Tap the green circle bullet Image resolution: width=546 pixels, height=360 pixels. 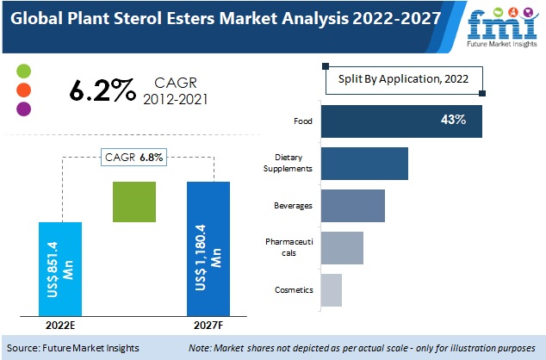[x=23, y=71]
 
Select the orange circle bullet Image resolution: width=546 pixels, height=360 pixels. [x=23, y=90]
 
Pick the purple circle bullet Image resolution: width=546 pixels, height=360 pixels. [x=23, y=109]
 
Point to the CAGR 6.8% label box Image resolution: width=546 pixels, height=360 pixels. [x=133, y=157]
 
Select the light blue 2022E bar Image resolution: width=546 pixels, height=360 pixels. [x=61, y=269]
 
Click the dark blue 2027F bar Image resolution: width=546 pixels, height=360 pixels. [x=208, y=249]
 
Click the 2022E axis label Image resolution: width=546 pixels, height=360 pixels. [x=61, y=326]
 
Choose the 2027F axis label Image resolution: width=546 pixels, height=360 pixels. [x=208, y=326]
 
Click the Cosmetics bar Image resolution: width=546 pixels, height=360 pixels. [x=331, y=290]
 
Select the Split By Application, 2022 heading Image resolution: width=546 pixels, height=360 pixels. [x=404, y=78]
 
